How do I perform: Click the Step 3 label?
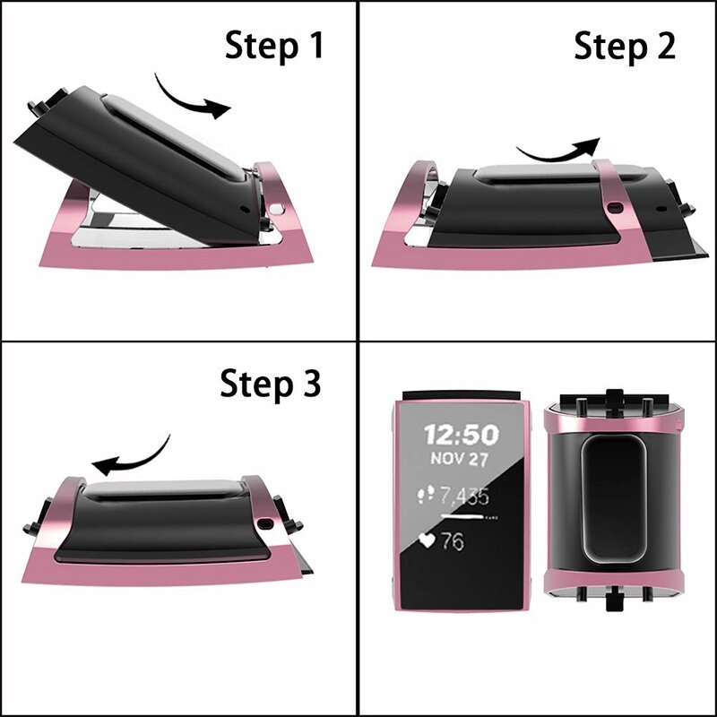(x=270, y=384)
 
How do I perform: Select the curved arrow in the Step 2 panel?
(x=557, y=151)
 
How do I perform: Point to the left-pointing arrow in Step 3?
(x=133, y=457)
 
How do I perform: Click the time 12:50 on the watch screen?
(x=461, y=436)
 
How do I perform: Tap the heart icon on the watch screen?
(x=428, y=541)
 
